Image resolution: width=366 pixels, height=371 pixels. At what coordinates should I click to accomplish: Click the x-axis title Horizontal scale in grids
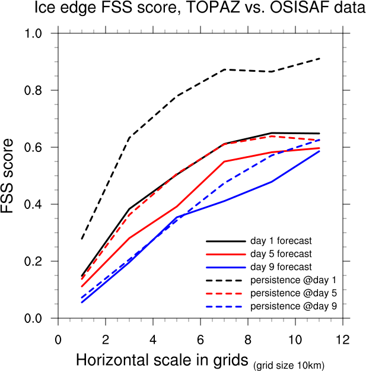163,360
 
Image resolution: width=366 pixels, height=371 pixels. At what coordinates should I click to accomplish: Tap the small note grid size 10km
289,363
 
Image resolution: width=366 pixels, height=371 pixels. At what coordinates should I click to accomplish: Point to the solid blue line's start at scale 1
81,303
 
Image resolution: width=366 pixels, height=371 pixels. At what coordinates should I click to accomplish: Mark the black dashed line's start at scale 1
81,239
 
